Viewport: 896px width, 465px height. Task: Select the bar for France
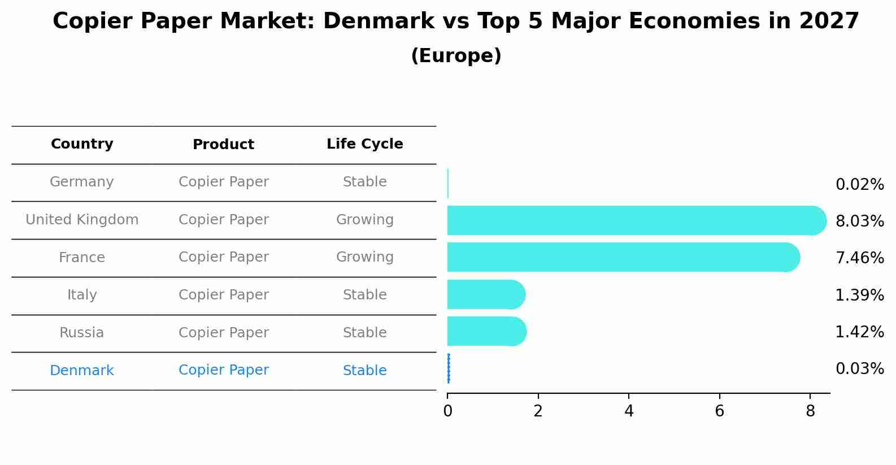pos(621,257)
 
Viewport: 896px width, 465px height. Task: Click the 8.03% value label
pos(859,221)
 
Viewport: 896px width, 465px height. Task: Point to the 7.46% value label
pos(859,258)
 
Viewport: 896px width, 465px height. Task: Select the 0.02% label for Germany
pos(859,185)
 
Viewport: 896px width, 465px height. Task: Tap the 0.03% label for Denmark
pos(859,369)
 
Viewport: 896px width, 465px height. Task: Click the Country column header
pos(82,144)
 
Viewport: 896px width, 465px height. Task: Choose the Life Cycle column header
pos(364,144)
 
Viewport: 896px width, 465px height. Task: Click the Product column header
pos(223,145)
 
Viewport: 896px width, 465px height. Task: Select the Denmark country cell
pos(82,371)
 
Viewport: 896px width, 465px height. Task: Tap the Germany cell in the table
pos(82,182)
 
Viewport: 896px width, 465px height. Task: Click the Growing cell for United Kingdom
pos(364,220)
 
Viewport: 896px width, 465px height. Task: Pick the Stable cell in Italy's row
pos(364,295)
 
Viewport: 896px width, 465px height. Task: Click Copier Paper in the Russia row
pos(223,333)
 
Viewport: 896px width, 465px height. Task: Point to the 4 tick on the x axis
pos(629,411)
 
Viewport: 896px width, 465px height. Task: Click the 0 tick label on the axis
pos(447,411)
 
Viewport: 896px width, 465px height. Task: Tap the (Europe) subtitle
pos(456,56)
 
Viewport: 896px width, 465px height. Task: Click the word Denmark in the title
pos(379,21)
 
